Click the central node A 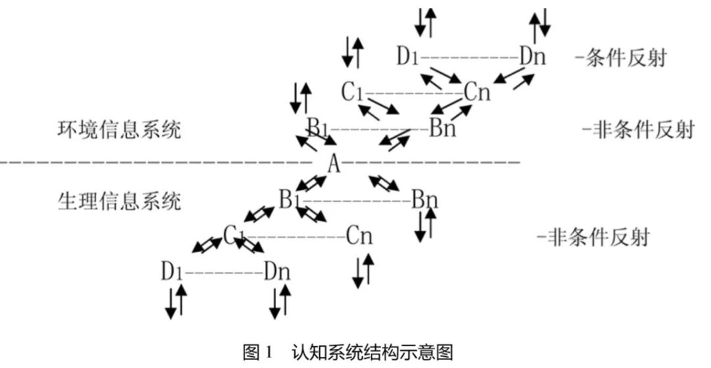[334, 163]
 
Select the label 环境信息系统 [118, 129]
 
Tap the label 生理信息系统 [118, 200]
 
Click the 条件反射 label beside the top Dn [620, 57]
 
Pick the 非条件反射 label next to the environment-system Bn [638, 129]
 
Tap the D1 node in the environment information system [408, 57]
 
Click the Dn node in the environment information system [533, 57]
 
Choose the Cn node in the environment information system [477, 93]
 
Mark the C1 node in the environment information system [352, 93]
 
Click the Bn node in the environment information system [442, 128]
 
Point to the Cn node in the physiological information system [359, 235]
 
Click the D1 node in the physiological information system [171, 271]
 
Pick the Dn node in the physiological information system [276, 271]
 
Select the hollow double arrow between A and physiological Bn [383, 184]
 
